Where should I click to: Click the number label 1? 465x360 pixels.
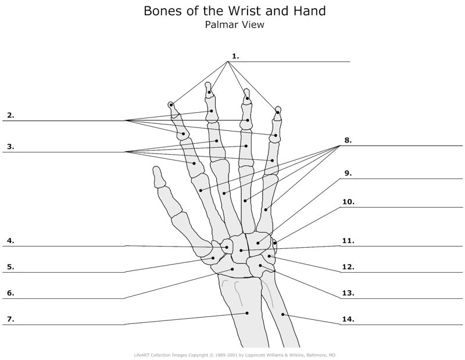click(x=235, y=56)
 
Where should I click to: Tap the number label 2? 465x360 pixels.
click(x=10, y=115)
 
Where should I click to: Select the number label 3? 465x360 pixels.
click(x=10, y=147)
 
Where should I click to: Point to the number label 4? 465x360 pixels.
click(x=10, y=240)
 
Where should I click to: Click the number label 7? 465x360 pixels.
click(x=10, y=319)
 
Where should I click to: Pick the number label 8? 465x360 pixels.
click(x=348, y=140)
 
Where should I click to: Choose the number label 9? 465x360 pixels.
click(x=348, y=173)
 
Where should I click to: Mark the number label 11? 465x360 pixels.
click(x=348, y=240)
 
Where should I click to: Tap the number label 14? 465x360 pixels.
click(x=348, y=319)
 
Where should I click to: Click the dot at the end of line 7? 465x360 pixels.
click(x=247, y=313)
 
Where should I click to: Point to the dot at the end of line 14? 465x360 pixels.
click(x=283, y=315)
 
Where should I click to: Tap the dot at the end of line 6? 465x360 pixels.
click(x=233, y=269)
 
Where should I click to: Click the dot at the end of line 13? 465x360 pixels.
click(x=260, y=266)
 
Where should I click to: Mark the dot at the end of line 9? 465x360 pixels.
click(x=258, y=243)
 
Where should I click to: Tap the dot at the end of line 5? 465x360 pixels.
click(x=214, y=258)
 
